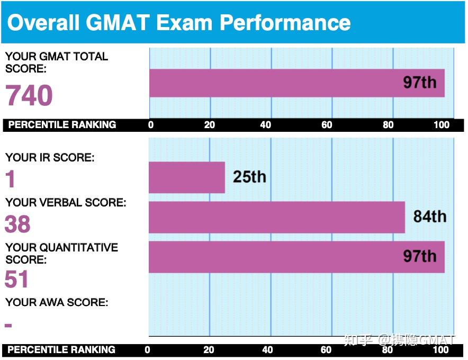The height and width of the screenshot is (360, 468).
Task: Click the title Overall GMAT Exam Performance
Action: (x=178, y=23)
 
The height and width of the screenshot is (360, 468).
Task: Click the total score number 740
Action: (x=29, y=96)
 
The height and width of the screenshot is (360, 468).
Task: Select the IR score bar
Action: (x=186, y=177)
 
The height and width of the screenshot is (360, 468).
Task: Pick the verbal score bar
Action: (x=276, y=217)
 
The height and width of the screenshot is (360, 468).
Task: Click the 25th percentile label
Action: (x=249, y=176)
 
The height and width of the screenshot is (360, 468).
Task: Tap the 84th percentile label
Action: (x=429, y=216)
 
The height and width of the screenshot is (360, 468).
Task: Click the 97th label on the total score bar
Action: (x=420, y=82)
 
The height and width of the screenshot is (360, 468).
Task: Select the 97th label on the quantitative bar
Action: (x=420, y=256)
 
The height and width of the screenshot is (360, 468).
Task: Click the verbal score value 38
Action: (x=17, y=224)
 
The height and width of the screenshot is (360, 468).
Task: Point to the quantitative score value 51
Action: (x=16, y=280)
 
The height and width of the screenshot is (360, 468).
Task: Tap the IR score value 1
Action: (x=11, y=180)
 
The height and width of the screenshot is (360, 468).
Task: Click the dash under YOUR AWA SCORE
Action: (x=8, y=325)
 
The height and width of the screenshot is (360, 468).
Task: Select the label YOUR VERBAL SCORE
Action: (x=66, y=203)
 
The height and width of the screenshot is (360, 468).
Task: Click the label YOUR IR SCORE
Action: (x=50, y=157)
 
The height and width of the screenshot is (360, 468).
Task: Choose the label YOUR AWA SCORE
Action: (x=57, y=302)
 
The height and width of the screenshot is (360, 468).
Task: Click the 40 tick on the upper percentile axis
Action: (x=266, y=125)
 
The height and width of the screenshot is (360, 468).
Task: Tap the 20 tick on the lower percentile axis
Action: (x=209, y=349)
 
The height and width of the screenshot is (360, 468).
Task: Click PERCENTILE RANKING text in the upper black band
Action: (x=62, y=125)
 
